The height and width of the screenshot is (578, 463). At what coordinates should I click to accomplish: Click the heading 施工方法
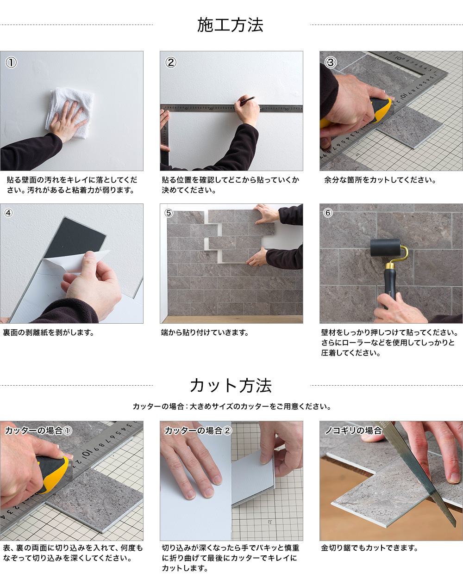pos(230,25)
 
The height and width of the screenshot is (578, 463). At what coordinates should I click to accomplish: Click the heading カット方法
pos(231,386)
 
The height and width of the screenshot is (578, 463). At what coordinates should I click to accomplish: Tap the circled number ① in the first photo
pos(11,62)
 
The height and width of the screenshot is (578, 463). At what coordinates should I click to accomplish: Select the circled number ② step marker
pos(170,62)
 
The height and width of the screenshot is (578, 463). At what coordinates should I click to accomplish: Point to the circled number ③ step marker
pos(331,62)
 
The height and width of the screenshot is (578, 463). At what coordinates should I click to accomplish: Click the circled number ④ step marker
pos(8,213)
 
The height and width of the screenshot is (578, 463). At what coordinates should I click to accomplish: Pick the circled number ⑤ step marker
pos(169,213)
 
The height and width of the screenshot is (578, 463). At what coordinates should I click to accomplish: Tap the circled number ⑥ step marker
pos(328,213)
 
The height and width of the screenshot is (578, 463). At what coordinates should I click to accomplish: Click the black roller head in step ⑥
pos(385,247)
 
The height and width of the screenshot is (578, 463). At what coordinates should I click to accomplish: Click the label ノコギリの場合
pos(353,430)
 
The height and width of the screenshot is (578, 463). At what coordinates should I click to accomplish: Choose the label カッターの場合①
pos(38,430)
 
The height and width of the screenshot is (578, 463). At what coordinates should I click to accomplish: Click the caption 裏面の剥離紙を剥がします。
pos(49,332)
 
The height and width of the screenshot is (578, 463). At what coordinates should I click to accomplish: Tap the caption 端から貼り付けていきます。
pos(205,332)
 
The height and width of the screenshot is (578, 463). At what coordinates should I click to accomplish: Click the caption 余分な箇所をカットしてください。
pos(380,180)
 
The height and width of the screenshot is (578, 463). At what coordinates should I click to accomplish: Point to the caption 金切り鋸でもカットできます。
pos(369,547)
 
